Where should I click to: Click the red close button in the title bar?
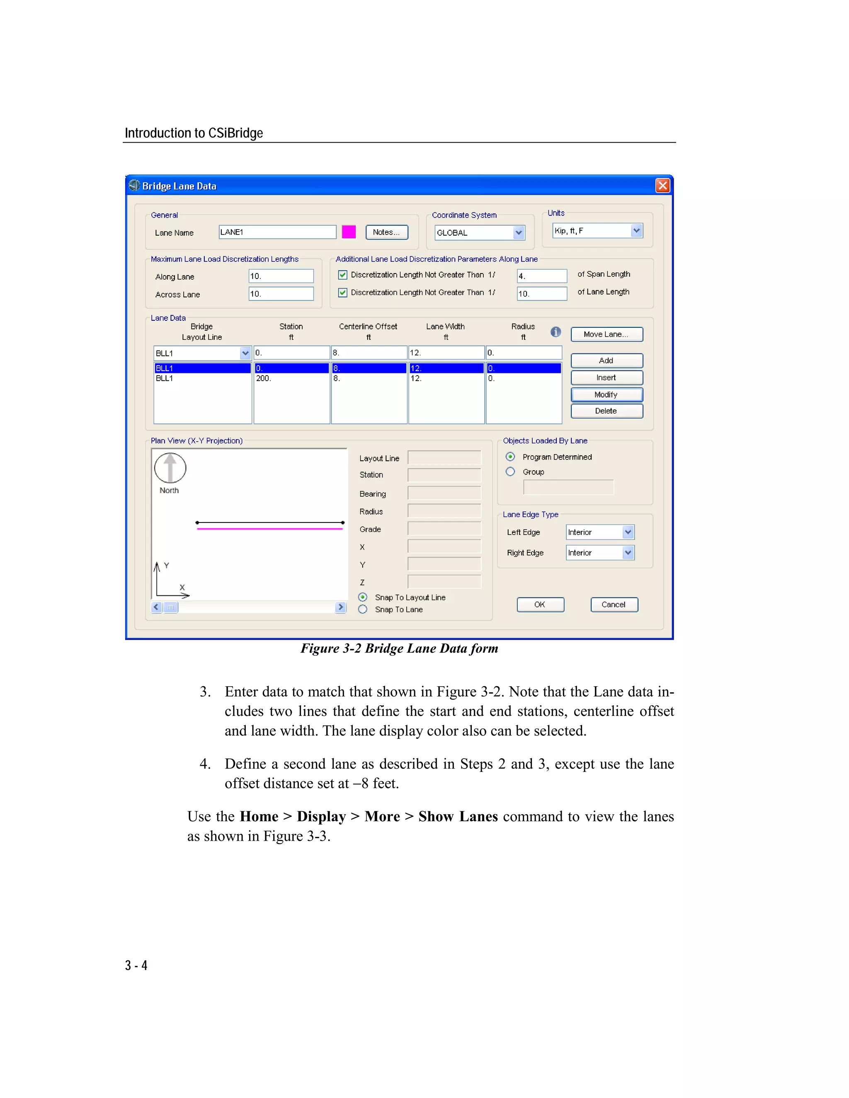[662, 186]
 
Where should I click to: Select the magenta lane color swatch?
[349, 232]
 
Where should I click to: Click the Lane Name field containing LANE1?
[277, 232]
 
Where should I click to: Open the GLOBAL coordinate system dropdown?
[519, 232]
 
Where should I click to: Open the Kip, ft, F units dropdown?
[636, 231]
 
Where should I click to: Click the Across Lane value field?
[281, 294]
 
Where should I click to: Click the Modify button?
[606, 394]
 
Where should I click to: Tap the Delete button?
[606, 411]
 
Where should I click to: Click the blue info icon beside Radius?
[555, 332]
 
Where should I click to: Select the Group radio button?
[510, 472]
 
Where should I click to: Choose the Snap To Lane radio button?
[363, 609]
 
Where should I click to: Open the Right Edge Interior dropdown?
[628, 552]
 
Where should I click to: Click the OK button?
[540, 604]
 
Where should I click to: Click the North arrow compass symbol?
[170, 467]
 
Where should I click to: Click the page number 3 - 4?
[136, 965]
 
